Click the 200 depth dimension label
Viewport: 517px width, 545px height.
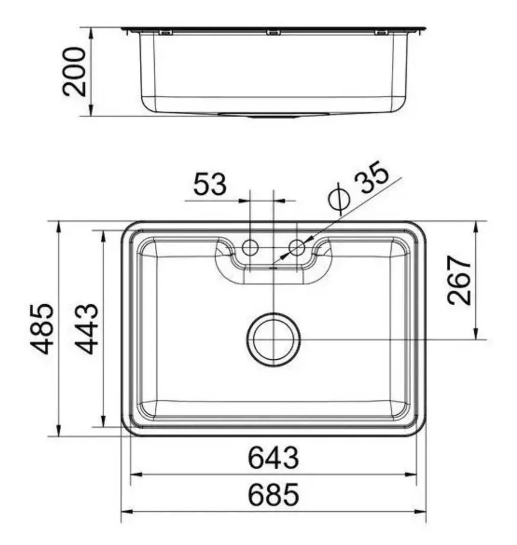pos(74,72)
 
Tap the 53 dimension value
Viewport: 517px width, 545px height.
pos(210,184)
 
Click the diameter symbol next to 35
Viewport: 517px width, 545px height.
pos(339,199)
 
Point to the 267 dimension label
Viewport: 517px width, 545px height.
pos(459,280)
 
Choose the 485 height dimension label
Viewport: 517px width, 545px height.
pos(41,329)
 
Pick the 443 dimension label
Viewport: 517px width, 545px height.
pos(87,329)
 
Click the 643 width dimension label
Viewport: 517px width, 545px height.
pos(273,458)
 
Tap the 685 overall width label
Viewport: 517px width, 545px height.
pos(273,495)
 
